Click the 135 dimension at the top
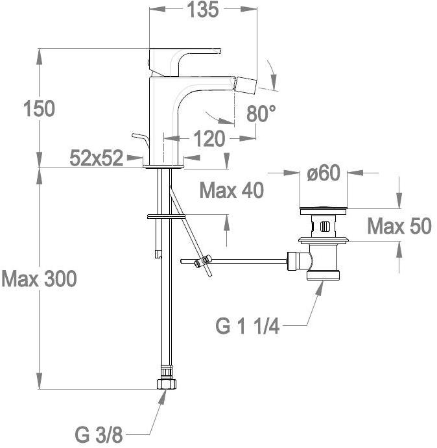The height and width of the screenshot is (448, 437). (x=203, y=10)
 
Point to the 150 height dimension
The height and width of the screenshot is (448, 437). (x=39, y=108)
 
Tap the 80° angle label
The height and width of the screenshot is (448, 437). (x=261, y=114)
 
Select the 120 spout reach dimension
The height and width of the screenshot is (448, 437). (x=209, y=139)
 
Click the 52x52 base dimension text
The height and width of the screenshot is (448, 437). (x=97, y=158)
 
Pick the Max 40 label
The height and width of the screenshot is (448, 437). (x=231, y=190)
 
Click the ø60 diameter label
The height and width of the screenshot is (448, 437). (x=324, y=173)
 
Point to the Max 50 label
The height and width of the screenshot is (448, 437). (x=399, y=226)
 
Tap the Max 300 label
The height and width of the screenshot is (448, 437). (x=39, y=279)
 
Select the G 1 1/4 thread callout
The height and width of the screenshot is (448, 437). (x=247, y=327)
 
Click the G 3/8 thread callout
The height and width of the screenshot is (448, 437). (x=99, y=435)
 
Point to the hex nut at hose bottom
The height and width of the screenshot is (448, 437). (x=167, y=384)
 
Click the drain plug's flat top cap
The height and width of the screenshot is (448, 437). (x=324, y=211)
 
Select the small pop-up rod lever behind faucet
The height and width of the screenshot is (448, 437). (x=141, y=140)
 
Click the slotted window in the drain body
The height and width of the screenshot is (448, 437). (x=325, y=227)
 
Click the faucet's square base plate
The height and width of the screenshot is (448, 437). (x=163, y=166)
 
